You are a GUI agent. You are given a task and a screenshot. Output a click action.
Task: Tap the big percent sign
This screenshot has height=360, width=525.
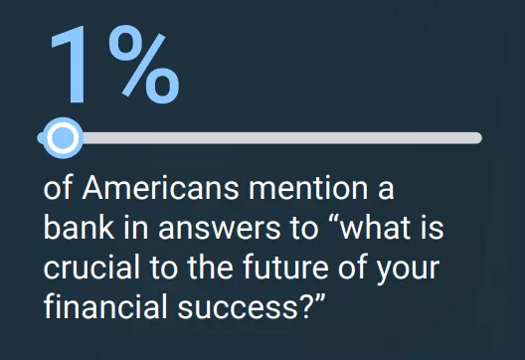click(x=144, y=64)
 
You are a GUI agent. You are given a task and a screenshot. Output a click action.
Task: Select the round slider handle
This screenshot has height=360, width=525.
click(x=63, y=137)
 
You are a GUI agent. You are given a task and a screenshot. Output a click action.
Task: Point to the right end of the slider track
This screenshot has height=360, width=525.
click(x=479, y=138)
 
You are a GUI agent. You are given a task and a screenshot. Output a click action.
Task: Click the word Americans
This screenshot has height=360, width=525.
click(x=160, y=188)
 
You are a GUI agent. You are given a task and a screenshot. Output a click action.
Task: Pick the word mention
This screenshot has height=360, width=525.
click(x=308, y=188)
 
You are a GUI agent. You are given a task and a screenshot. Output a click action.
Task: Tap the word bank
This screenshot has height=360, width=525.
click(x=79, y=227)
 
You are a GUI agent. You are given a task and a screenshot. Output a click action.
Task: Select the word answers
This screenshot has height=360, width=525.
click(x=219, y=229)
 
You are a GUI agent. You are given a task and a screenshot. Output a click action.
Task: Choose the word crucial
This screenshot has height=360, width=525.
click(x=91, y=267)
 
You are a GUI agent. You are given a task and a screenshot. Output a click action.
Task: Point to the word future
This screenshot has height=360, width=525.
click(x=285, y=267)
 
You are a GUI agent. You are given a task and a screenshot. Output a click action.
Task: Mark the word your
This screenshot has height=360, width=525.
click(x=408, y=270)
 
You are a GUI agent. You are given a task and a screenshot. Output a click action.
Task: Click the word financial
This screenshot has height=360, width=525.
click(x=105, y=305)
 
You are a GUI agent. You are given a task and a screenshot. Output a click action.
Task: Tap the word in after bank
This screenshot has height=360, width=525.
click(x=136, y=227)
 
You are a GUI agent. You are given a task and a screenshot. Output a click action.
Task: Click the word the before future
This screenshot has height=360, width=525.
click(x=210, y=267)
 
